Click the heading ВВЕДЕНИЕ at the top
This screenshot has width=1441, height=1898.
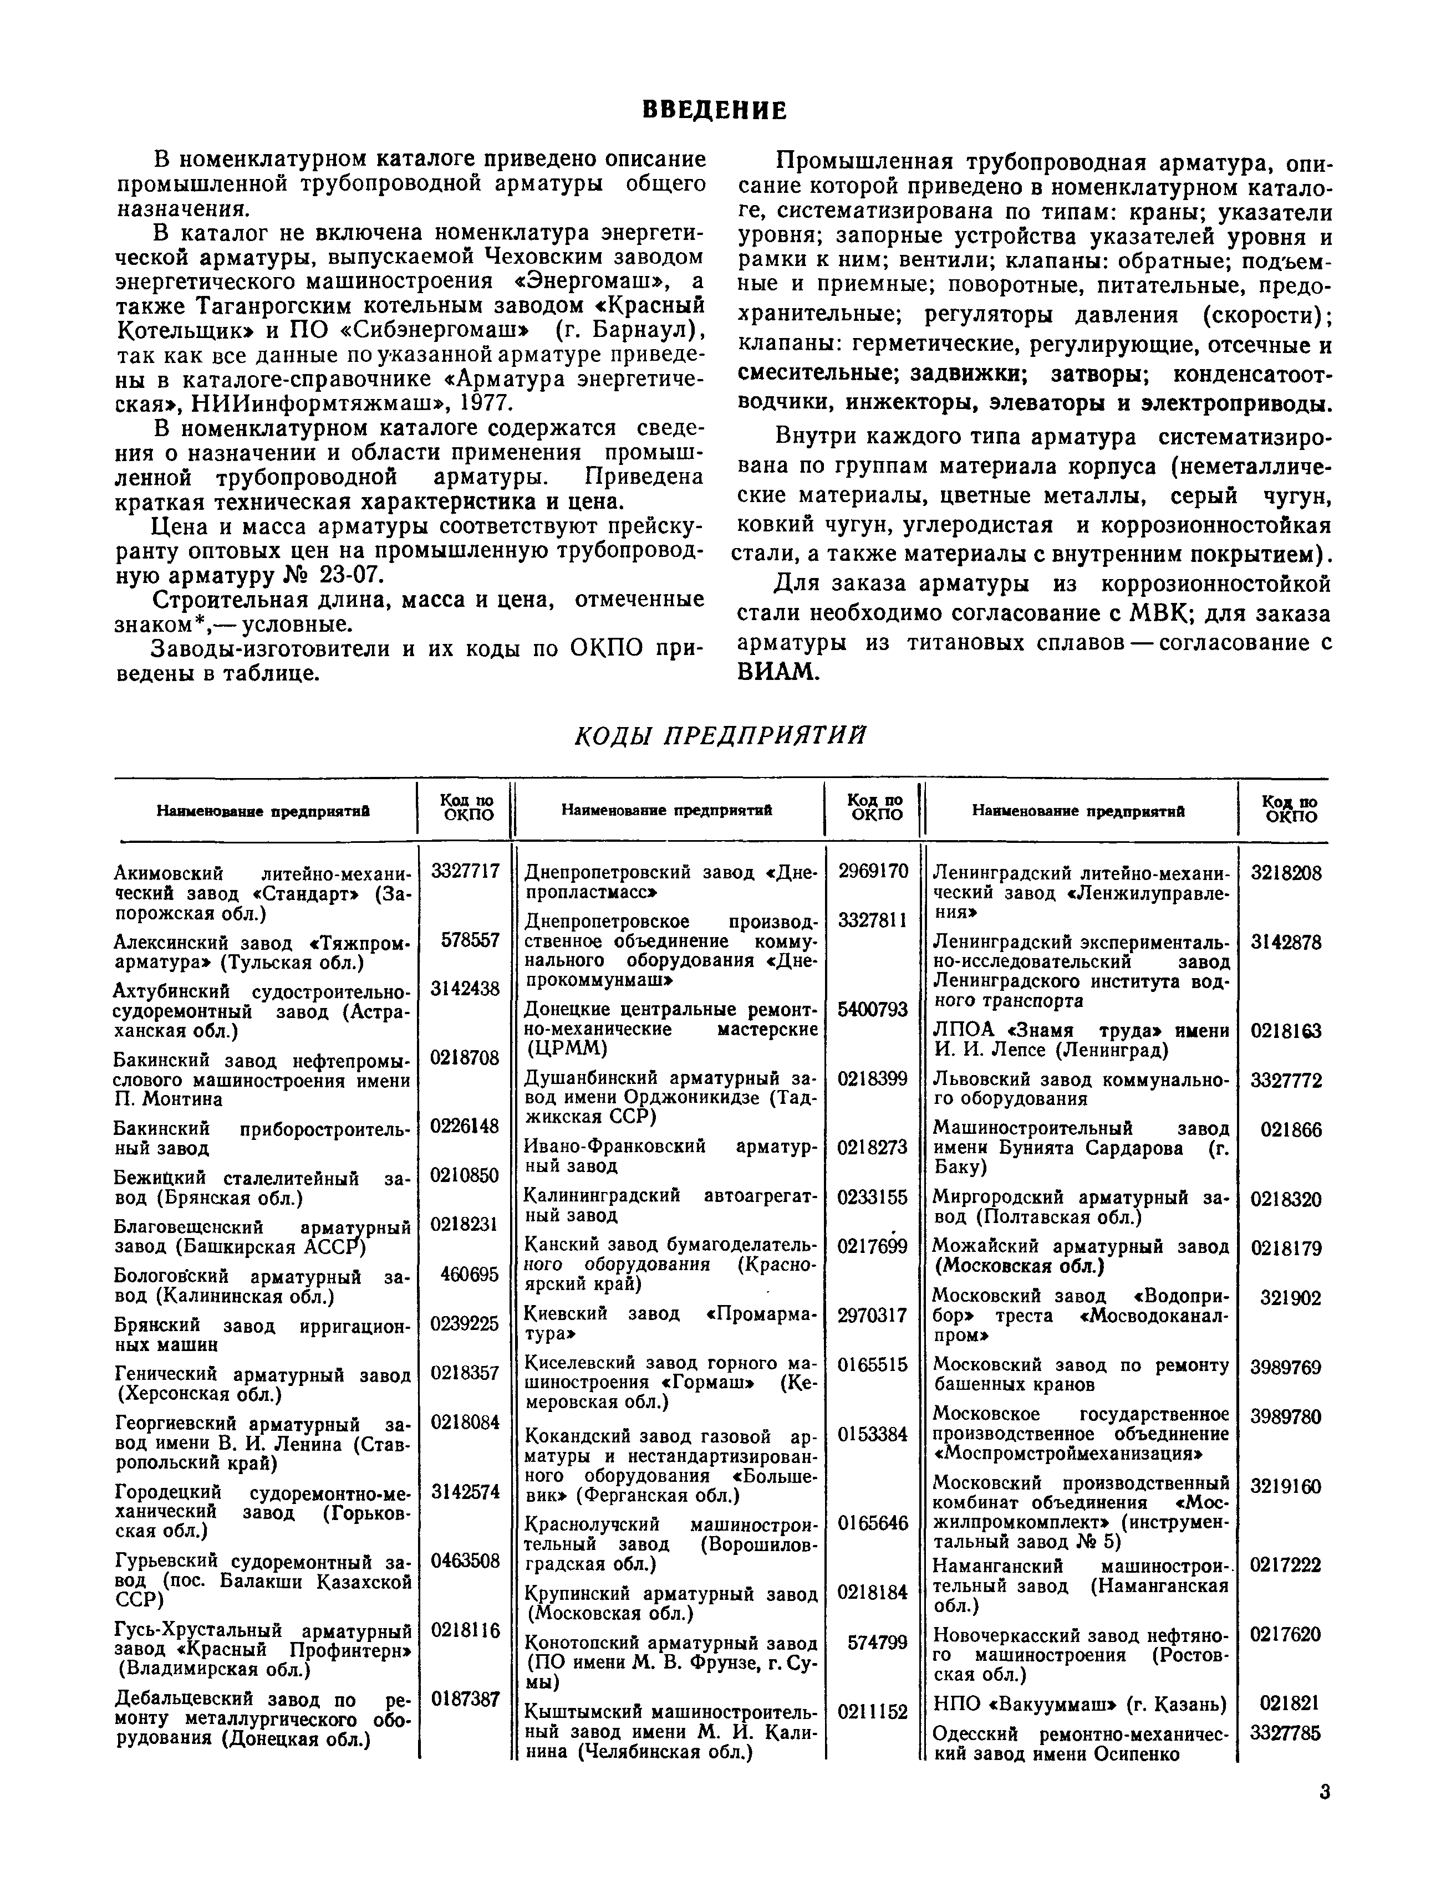(714, 111)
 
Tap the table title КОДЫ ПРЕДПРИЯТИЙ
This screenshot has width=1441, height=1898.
(719, 735)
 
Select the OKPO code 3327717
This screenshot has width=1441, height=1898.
(464, 871)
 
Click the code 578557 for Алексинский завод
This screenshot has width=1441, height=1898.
(470, 940)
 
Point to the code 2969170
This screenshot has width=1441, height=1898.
(873, 871)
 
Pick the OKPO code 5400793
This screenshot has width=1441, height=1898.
(873, 1009)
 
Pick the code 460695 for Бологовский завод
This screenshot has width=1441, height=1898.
(470, 1274)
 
